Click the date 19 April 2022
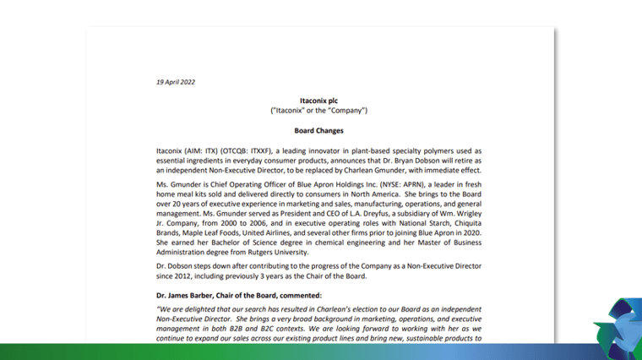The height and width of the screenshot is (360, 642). click(176, 82)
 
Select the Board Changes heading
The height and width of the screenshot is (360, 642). click(318, 131)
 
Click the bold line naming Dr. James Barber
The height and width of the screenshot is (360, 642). click(239, 295)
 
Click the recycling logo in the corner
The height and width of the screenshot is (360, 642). click(618, 330)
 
